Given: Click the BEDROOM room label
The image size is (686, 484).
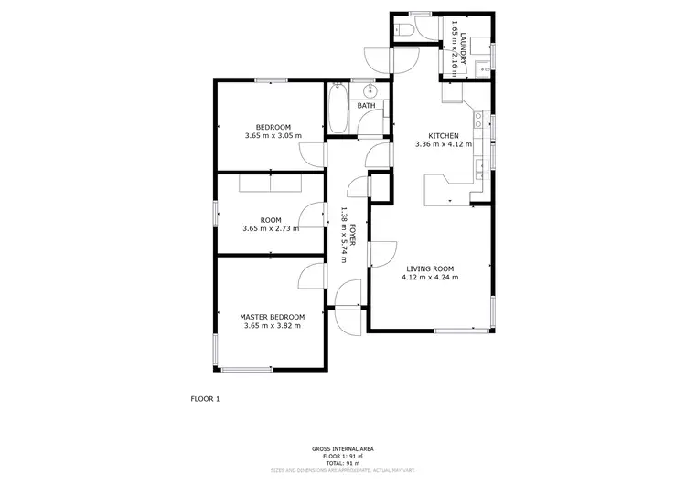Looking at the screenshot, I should coord(273,127).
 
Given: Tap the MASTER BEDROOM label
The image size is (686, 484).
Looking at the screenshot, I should coord(273,316).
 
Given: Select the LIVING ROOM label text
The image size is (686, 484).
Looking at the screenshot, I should coord(430,268).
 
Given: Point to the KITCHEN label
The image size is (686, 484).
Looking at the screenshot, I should coord(444,135).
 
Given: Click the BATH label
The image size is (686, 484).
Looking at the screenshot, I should coord(366,106).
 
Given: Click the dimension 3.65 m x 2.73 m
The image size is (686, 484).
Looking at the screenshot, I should coord(271,228).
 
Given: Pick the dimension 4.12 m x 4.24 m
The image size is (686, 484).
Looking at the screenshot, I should coord(430,277).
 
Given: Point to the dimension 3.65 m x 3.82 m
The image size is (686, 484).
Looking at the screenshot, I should coord(273,325).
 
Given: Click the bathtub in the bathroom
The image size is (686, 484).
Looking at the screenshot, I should coord(337,110).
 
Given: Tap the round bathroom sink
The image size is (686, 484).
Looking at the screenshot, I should coord(370,90).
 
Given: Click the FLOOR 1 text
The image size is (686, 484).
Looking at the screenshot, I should coord(205,398).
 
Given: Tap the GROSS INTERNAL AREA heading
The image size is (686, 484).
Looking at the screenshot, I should coord(342,448).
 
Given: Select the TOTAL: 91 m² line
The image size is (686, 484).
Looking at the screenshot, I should coord(342,461).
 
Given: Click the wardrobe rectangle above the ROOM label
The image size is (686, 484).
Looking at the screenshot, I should coord(270,184).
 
